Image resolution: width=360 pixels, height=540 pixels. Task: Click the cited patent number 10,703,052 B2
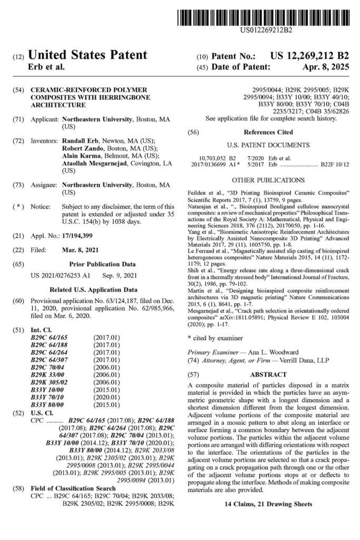click(222, 158)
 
